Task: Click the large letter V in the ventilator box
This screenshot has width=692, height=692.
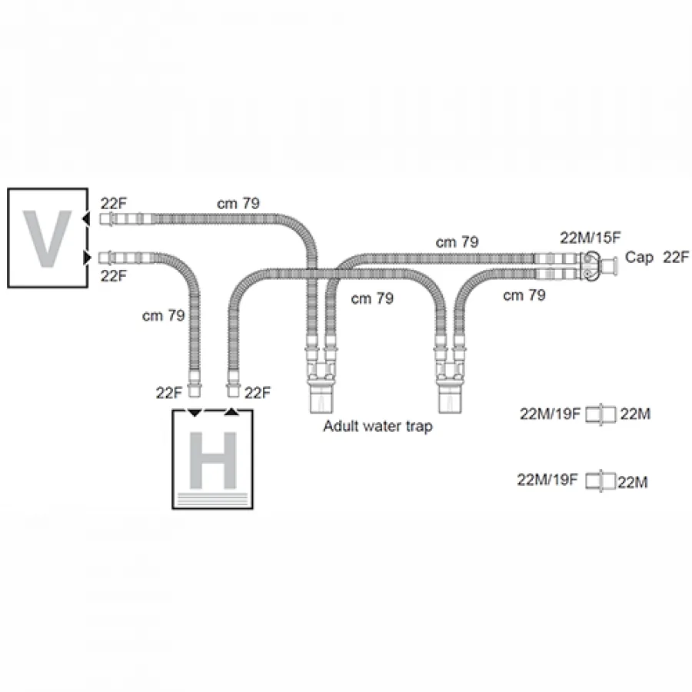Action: [47, 238]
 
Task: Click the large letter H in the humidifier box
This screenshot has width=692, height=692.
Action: [213, 461]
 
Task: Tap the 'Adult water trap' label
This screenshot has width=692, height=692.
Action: [378, 426]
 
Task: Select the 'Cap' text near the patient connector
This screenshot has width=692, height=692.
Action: [639, 258]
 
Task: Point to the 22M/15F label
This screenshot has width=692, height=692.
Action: [590, 238]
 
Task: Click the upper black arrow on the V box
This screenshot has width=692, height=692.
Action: [86, 218]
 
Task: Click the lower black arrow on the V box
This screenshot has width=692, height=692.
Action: [87, 258]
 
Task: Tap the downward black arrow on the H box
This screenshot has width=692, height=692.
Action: [195, 413]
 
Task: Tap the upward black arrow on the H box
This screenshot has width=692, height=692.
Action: [231, 412]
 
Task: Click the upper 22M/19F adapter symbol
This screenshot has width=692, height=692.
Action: [601, 414]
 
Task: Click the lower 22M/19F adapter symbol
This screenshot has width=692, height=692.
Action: [601, 481]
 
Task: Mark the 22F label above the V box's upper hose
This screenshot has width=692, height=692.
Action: [114, 204]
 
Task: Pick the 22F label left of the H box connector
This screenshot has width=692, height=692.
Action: [169, 393]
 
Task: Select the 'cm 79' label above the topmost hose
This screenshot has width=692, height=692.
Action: [238, 204]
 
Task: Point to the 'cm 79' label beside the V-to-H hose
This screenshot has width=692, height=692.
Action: [163, 315]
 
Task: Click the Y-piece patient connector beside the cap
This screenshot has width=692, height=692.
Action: [591, 266]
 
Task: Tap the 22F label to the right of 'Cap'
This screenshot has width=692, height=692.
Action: [676, 257]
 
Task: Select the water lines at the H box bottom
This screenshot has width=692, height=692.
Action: [213, 499]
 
